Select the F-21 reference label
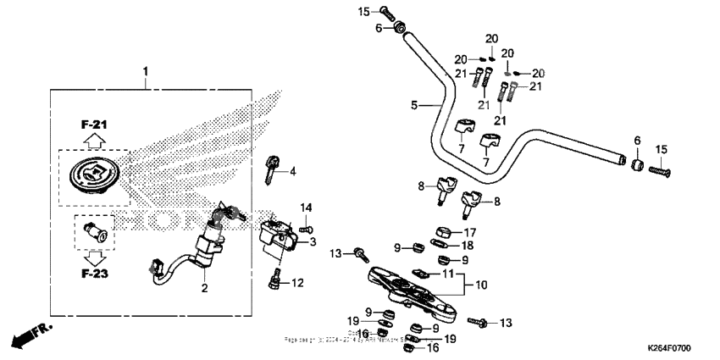(x=94, y=125)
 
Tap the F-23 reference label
(x=96, y=274)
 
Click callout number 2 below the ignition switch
(x=203, y=289)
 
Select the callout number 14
(x=307, y=208)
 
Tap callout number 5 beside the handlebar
(x=414, y=106)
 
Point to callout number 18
(x=467, y=245)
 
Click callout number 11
(x=449, y=274)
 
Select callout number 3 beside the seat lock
(x=313, y=242)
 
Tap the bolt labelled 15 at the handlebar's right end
(x=658, y=171)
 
